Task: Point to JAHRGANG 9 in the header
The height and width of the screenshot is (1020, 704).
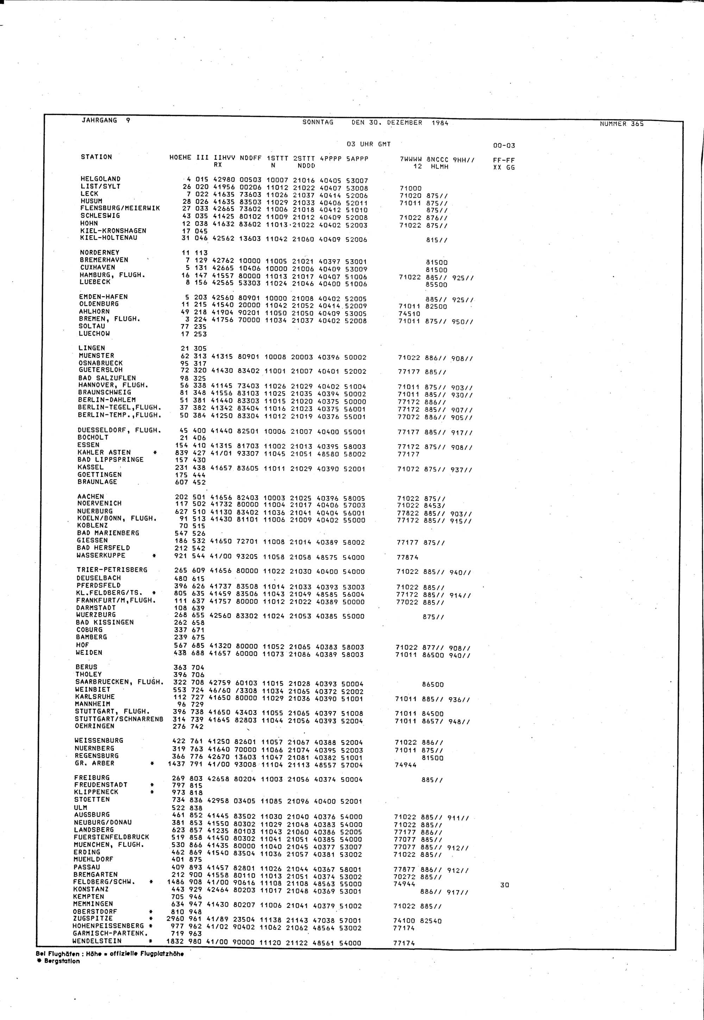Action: pyautogui.click(x=106, y=120)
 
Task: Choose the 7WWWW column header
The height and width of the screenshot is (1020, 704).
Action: pyautogui.click(x=410, y=160)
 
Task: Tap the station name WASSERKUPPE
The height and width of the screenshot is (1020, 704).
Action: pyautogui.click(x=101, y=555)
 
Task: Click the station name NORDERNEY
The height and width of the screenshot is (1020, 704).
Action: pyautogui.click(x=99, y=253)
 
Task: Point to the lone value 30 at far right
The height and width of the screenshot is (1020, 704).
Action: pyautogui.click(x=505, y=885)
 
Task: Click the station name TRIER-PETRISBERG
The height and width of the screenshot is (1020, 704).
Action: pyautogui.click(x=112, y=570)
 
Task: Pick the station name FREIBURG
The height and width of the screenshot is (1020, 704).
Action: pyautogui.click(x=92, y=778)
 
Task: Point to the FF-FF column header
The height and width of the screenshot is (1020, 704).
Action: pyautogui.click(x=504, y=160)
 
